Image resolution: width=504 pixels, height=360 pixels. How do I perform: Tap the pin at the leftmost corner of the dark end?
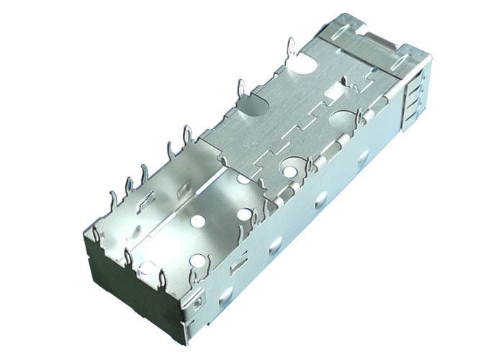pos(96,233)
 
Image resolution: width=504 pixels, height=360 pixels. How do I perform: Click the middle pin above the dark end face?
pos(127,255)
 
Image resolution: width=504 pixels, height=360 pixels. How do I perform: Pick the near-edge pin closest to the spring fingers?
pos(358,120)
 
